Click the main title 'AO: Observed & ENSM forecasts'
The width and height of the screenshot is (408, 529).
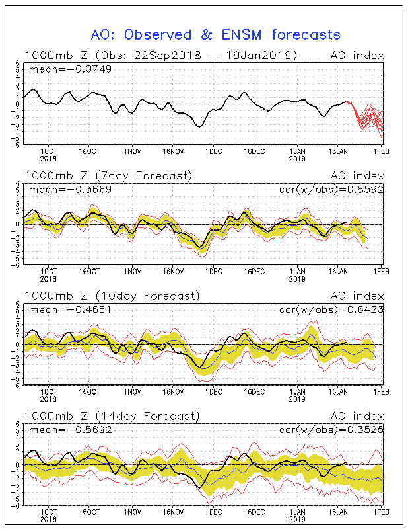tap(215, 34)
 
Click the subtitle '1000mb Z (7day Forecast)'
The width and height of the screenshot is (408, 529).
tap(108, 175)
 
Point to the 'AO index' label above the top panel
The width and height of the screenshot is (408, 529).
tap(357, 55)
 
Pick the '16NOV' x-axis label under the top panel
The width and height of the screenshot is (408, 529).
tap(173, 151)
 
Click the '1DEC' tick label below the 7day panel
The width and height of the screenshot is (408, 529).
tap(213, 272)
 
